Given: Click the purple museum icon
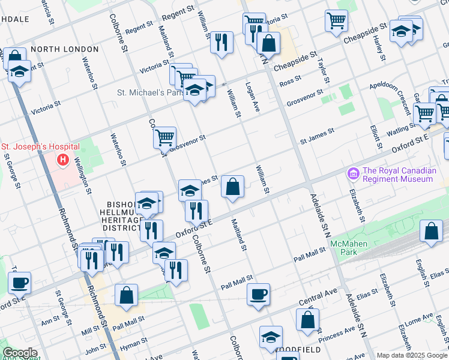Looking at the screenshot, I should point(353,174).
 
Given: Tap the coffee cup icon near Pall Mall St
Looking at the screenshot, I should point(259,294).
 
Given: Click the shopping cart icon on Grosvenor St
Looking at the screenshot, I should point(164,137).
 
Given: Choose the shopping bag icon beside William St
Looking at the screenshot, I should point(232,187).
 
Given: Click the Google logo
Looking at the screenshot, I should point(20,353).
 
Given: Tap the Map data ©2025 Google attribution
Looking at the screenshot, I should point(411,355).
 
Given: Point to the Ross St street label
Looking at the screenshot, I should point(289,80).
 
